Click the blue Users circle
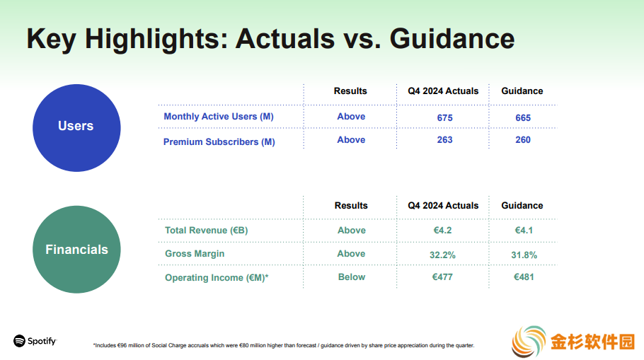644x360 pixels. coord(76,128)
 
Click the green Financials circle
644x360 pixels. coord(76,249)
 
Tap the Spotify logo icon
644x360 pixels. coord(19,341)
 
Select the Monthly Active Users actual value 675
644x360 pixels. coord(445,118)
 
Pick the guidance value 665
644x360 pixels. coord(523,118)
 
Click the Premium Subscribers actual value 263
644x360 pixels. coord(445,140)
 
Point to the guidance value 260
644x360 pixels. coord(523,140)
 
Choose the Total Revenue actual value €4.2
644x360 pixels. coord(442,231)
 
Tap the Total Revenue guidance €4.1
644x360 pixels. coord(524,231)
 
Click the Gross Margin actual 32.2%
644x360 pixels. coord(442,255)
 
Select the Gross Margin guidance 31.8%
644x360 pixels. coord(524,255)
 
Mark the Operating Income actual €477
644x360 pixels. coord(442,277)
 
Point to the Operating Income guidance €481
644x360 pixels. coord(524,277)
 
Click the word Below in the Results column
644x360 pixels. coord(352,277)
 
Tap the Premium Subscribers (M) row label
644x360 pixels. coord(219,141)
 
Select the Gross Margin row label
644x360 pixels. coord(195,254)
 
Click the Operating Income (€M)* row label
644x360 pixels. coord(217,278)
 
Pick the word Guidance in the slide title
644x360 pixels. coord(452,39)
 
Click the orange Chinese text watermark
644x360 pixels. coord(592,342)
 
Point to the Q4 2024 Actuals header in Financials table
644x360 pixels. coord(443,205)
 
